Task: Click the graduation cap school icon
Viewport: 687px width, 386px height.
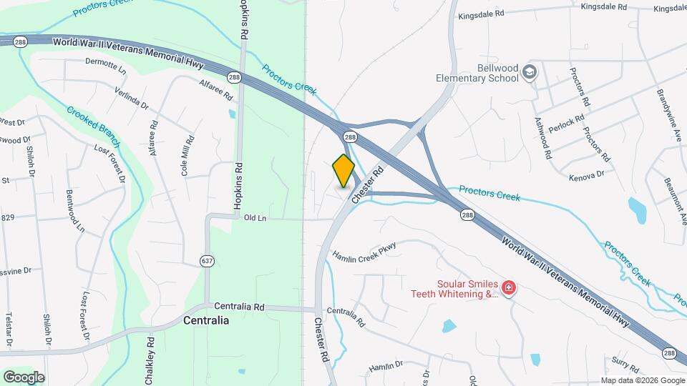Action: tap(529, 71)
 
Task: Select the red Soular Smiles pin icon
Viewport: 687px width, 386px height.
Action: tap(509, 288)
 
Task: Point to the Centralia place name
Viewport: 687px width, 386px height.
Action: tap(206, 320)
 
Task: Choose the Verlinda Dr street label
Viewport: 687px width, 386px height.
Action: tap(132, 98)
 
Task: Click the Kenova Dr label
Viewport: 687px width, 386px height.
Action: tap(587, 174)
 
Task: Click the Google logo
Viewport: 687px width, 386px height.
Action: tap(24, 377)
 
